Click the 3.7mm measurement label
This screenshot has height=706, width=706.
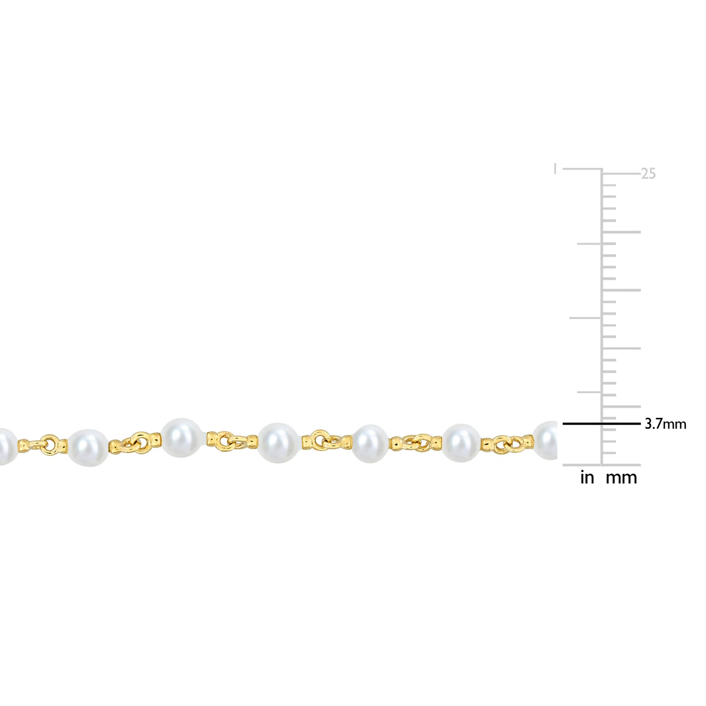(665, 424)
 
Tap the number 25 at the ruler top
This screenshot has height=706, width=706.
(648, 173)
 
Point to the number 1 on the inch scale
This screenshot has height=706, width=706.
(555, 169)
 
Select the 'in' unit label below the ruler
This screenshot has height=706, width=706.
(587, 478)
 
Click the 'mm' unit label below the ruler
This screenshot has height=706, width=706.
(621, 478)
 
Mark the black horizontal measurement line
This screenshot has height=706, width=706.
(601, 424)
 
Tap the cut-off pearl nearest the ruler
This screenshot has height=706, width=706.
(546, 441)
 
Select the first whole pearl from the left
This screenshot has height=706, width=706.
(88, 448)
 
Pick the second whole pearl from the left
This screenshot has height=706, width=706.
(182, 437)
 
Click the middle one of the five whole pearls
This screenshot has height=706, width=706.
(278, 442)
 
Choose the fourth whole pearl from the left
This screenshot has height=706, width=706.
(370, 444)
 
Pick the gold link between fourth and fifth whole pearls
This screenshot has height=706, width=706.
(416, 443)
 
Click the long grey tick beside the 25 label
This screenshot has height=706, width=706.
(620, 173)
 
